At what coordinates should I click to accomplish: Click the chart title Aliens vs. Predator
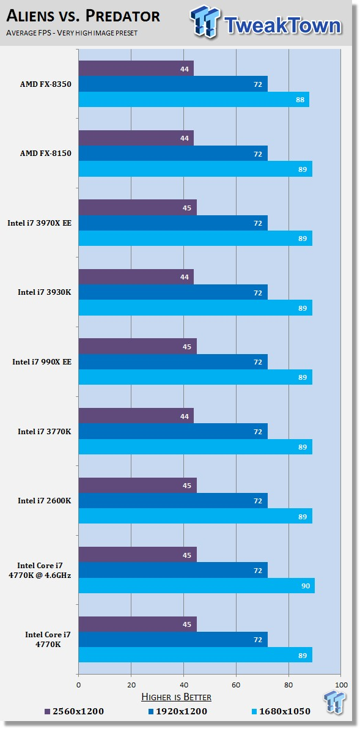tap(84, 17)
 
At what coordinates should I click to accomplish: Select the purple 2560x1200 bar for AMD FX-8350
tap(136, 68)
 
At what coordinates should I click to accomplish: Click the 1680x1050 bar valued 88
tap(194, 100)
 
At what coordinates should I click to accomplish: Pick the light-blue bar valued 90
tap(196, 586)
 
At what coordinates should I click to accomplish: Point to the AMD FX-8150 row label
tap(45, 154)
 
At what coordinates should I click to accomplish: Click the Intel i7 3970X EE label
tap(40, 223)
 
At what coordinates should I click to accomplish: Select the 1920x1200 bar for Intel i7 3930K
tap(173, 292)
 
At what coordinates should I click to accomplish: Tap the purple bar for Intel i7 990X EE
tap(138, 346)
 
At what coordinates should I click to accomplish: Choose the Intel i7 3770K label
tap(45, 431)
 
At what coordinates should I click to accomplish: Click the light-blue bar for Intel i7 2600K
tap(195, 516)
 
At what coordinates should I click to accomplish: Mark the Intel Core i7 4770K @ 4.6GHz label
tap(45, 570)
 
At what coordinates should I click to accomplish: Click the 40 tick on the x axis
tap(183, 685)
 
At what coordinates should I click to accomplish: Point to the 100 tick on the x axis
tap(341, 685)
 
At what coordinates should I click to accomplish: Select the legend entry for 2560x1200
tap(74, 711)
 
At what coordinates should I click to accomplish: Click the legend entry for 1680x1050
tap(280, 711)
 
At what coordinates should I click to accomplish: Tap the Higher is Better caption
tap(177, 697)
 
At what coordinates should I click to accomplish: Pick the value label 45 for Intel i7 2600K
tap(187, 486)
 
